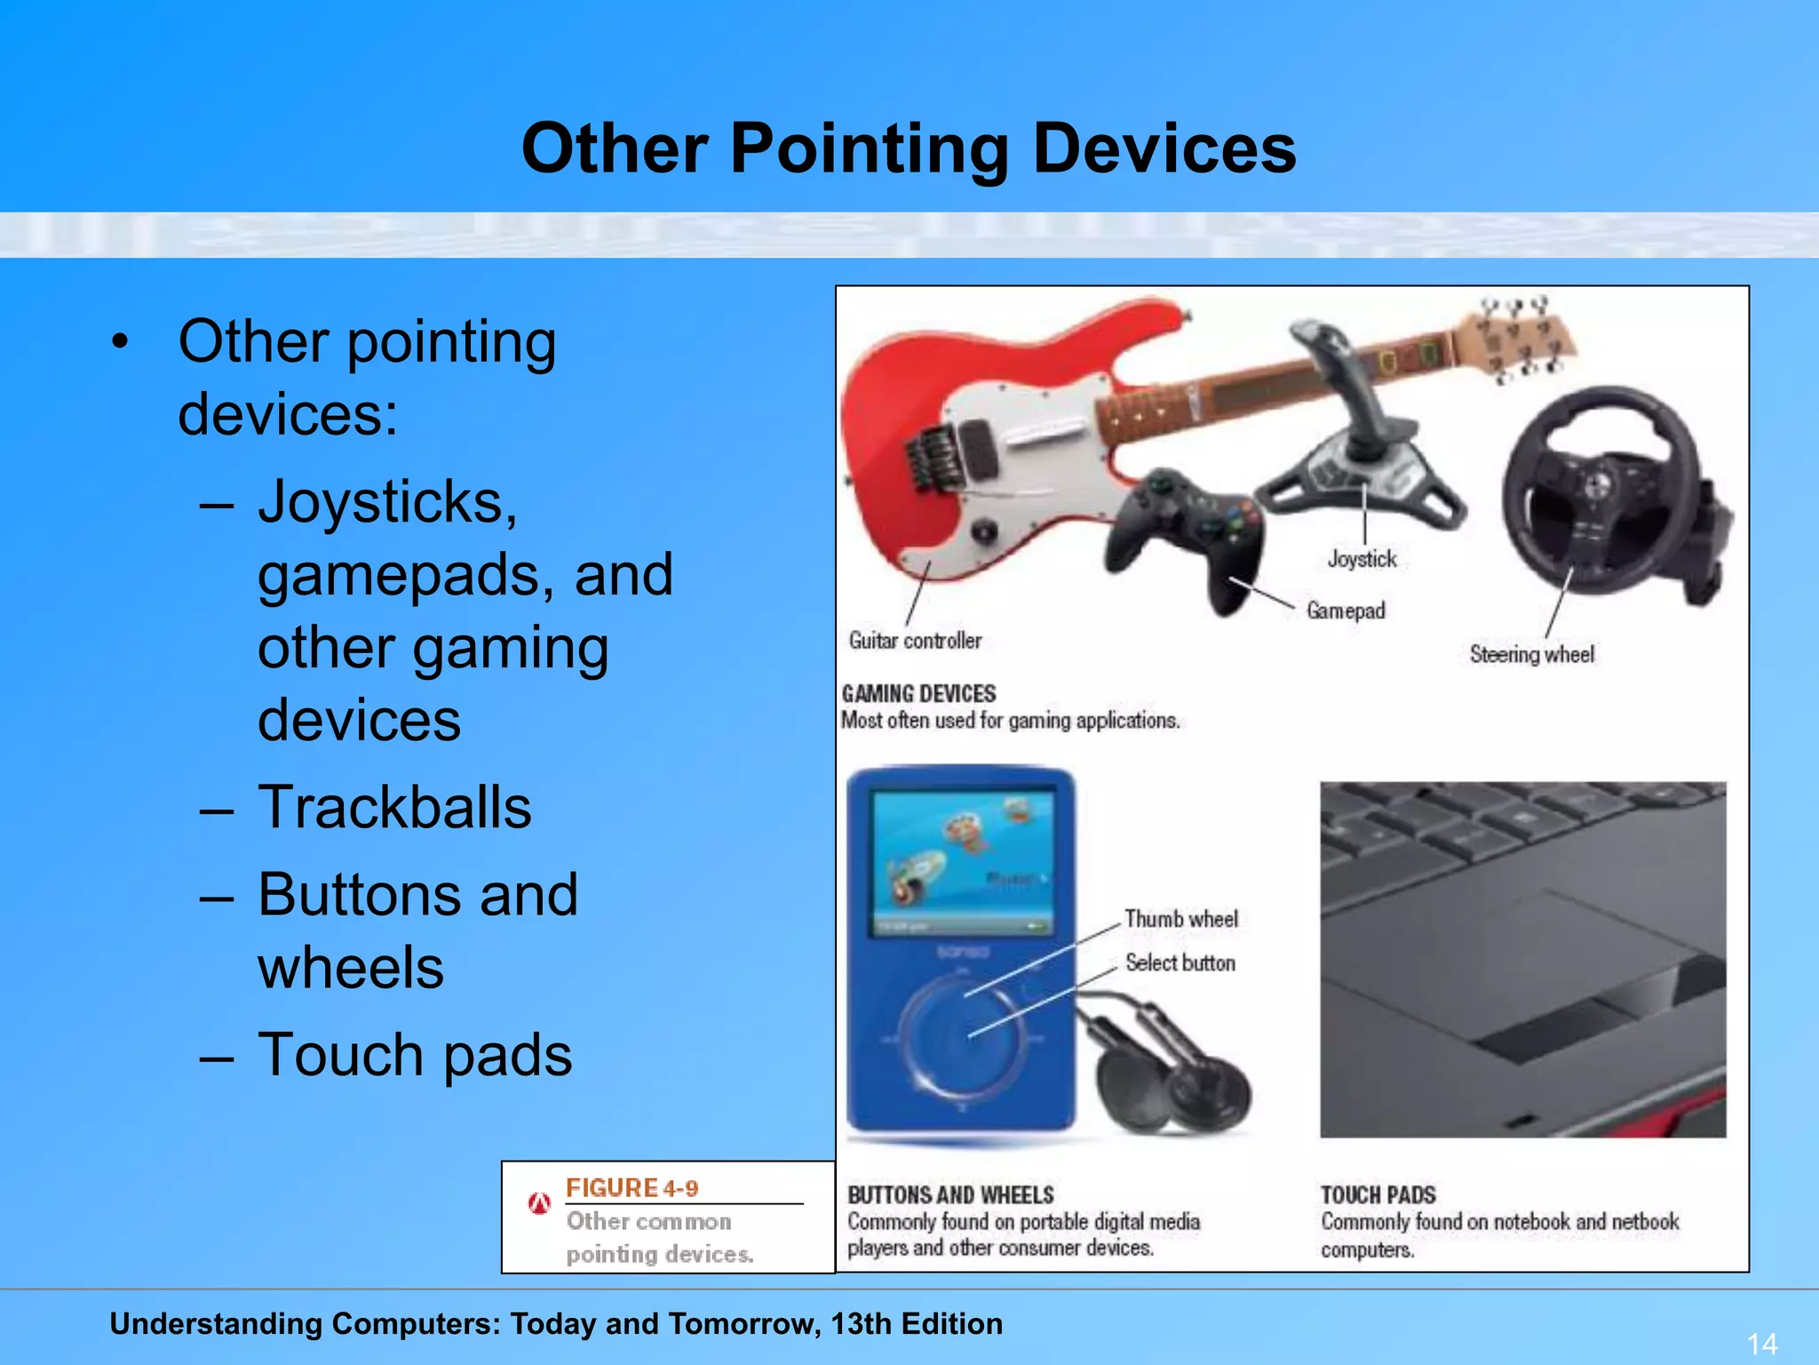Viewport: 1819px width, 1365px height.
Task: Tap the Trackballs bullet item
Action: coord(394,807)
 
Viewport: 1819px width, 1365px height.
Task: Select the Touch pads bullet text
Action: coord(415,1055)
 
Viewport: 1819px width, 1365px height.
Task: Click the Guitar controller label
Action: coord(915,641)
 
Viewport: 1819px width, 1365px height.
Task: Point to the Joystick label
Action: coord(1362,559)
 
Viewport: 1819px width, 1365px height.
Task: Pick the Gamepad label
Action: coord(1346,611)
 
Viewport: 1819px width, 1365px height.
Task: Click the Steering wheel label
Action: coord(1531,655)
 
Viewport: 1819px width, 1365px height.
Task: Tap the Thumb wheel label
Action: coord(1180,919)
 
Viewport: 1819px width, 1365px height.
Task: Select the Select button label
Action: coord(1180,962)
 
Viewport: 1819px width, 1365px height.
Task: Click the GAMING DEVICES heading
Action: coord(918,694)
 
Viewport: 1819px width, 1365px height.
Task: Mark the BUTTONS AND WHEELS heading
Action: coord(950,1195)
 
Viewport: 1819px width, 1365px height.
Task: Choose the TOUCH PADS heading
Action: coord(1378,1195)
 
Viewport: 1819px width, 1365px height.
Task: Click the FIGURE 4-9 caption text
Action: coord(631,1188)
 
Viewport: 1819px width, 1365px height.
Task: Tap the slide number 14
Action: coord(1761,1343)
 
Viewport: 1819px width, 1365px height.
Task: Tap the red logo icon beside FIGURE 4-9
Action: coord(539,1203)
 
